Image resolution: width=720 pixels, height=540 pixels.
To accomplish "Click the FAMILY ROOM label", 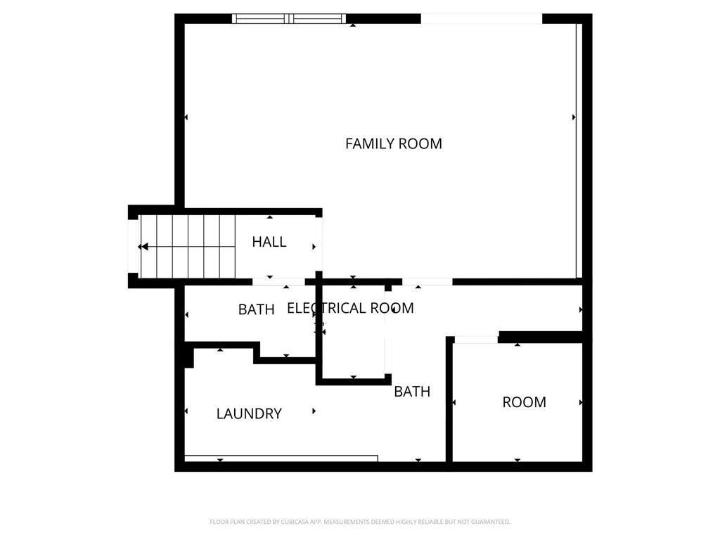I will tap(393, 143).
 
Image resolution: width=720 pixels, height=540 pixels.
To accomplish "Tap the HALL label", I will tap(269, 242).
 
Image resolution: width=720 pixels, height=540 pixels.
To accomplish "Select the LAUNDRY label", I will tap(249, 413).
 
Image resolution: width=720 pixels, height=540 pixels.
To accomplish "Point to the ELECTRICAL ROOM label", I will tap(350, 308).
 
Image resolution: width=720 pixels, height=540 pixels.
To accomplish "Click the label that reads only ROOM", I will tap(524, 402).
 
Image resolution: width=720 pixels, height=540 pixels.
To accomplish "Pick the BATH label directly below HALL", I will tap(256, 309).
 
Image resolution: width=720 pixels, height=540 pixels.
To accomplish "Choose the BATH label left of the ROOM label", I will tap(412, 392).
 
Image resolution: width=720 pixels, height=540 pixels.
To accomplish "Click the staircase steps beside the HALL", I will tap(188, 246).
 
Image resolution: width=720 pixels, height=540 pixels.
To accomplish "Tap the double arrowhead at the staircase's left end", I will tap(143, 246).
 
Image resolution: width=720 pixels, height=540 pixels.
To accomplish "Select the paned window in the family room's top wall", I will tap(289, 19).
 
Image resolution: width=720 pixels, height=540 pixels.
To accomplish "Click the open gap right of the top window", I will tap(481, 19).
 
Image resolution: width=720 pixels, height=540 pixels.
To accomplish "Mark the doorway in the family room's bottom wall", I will tap(427, 282).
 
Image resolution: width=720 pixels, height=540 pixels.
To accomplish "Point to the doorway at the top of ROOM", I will tap(476, 340).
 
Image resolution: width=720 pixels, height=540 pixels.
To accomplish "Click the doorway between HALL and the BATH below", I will tap(278, 282).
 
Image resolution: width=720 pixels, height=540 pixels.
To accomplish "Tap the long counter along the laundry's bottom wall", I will tap(281, 458).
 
